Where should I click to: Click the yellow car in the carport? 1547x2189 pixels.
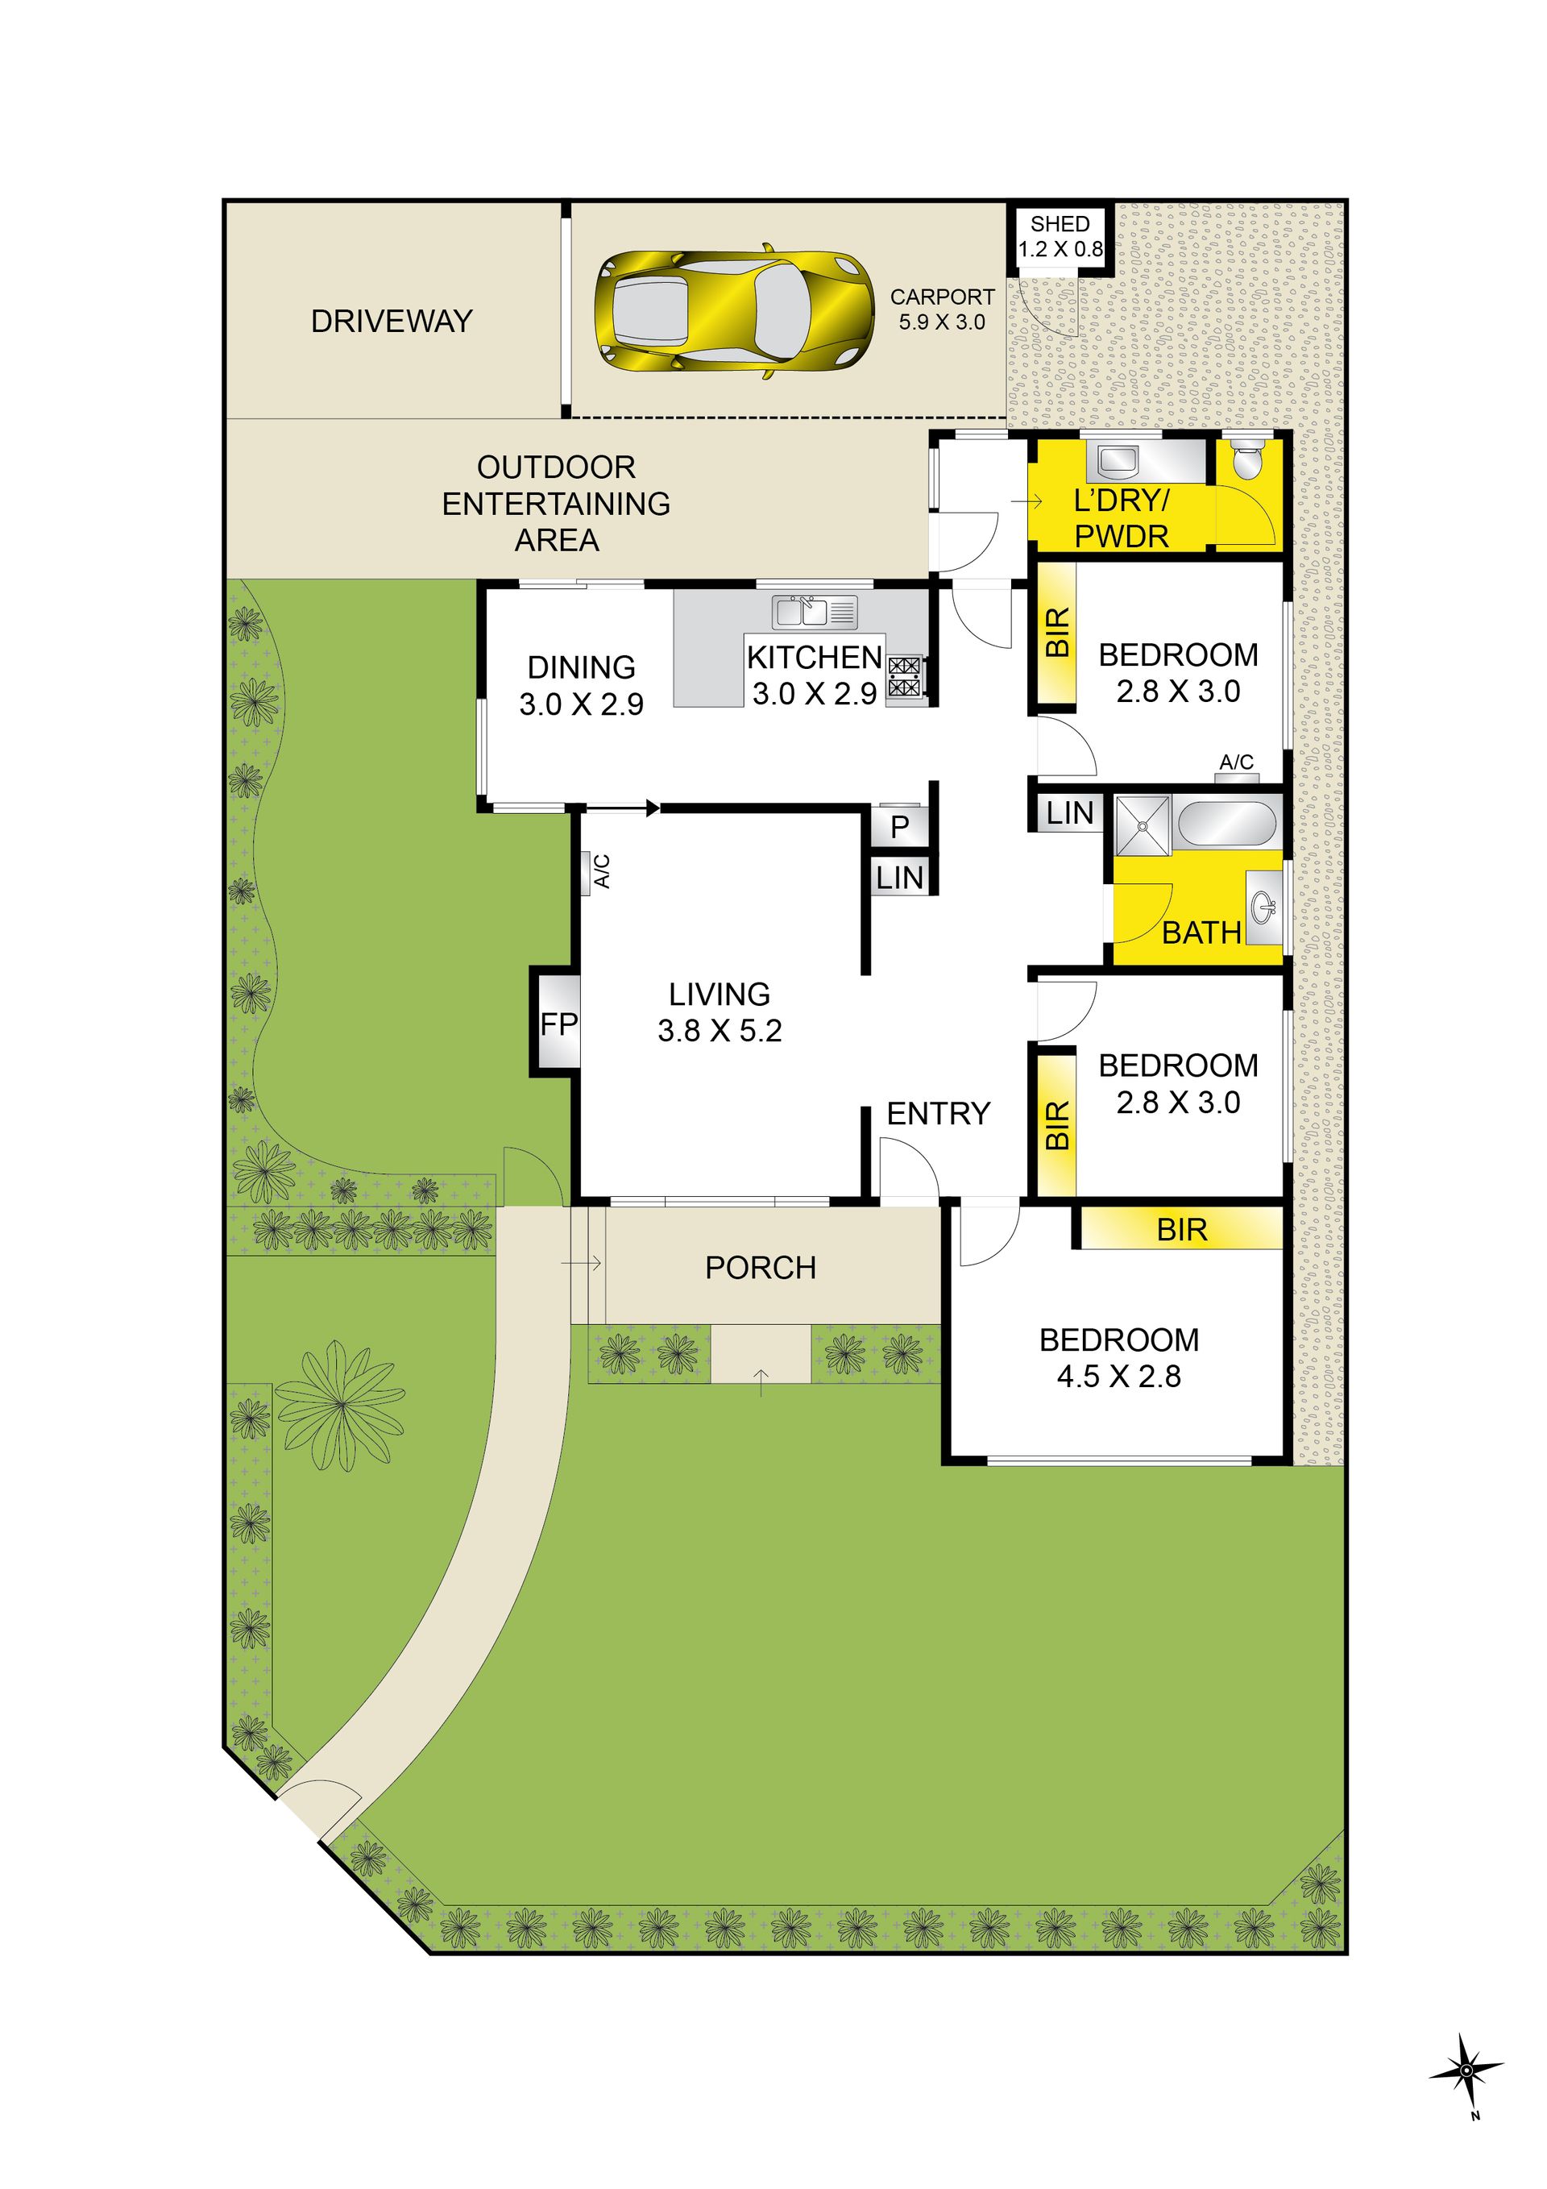(x=734, y=312)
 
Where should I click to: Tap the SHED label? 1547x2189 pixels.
(x=1059, y=224)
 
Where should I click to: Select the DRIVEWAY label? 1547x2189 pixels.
(x=392, y=322)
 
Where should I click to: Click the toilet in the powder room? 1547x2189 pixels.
(x=1246, y=460)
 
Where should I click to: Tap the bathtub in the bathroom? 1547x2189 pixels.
(x=1226, y=823)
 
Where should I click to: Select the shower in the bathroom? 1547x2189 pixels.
(x=1142, y=823)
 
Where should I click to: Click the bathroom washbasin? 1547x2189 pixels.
(x=1265, y=905)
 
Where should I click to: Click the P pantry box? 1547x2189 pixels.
(x=899, y=825)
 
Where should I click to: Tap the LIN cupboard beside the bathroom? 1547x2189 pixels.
(x=1069, y=812)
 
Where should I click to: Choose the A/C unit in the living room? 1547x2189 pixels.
(x=590, y=871)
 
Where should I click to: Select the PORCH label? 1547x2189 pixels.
(x=761, y=1267)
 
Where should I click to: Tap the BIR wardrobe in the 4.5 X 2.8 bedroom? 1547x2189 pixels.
(x=1180, y=1229)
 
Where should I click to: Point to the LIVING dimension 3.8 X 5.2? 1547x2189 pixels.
(x=720, y=1031)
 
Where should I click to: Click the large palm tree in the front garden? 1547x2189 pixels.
(x=338, y=1404)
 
